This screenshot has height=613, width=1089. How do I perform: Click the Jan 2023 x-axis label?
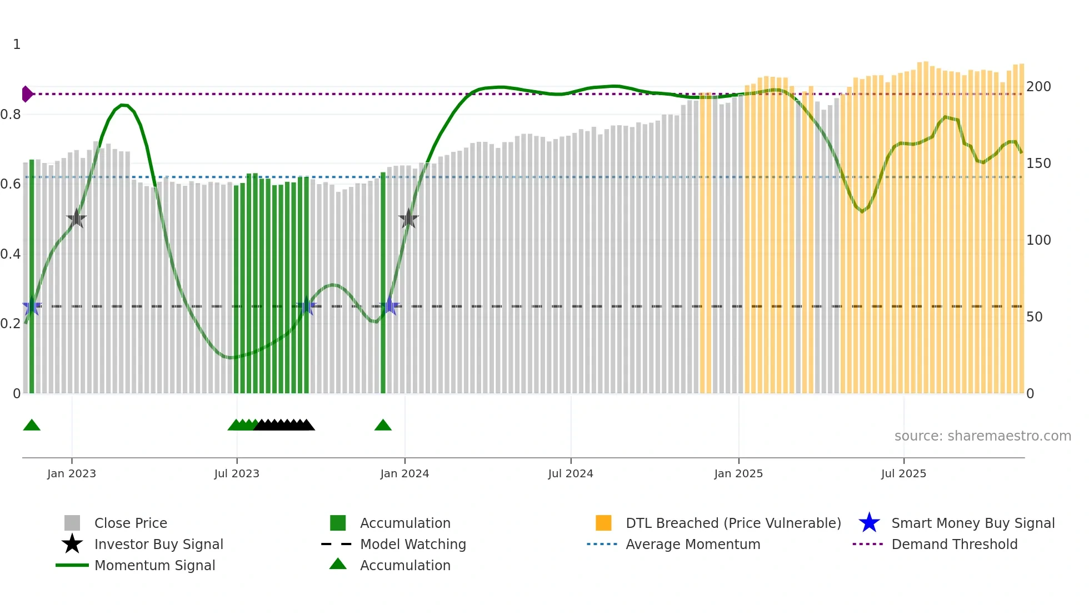pyautogui.click(x=72, y=473)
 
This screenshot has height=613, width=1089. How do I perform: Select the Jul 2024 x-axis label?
pyautogui.click(x=571, y=473)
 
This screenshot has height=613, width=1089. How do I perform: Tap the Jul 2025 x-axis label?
pyautogui.click(x=903, y=473)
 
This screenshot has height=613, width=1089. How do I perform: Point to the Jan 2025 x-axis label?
pyautogui.click(x=738, y=473)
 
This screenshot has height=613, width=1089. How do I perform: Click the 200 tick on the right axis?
pyautogui.click(x=1038, y=87)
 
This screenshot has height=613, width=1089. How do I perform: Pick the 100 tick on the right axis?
pyautogui.click(x=1038, y=240)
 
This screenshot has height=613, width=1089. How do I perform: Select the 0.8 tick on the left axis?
pyautogui.click(x=11, y=115)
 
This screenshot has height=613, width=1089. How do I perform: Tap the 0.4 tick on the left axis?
pyautogui.click(x=11, y=254)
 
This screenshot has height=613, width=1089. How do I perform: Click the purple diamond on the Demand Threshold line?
pyautogui.click(x=27, y=94)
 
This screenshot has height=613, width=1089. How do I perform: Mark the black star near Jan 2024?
pyautogui.click(x=408, y=219)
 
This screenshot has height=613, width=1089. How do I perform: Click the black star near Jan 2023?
pyautogui.click(x=76, y=219)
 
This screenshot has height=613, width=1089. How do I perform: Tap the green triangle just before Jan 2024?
pyautogui.click(x=383, y=426)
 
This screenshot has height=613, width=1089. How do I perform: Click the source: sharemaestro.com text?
pyautogui.click(x=982, y=436)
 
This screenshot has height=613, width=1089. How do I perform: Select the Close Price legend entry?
pyautogui.click(x=131, y=523)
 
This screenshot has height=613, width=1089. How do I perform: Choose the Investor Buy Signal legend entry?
pyautogui.click(x=158, y=544)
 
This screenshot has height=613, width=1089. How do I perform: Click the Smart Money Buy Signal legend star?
pyautogui.click(x=869, y=523)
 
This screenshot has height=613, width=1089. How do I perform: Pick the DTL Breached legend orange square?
pyautogui.click(x=603, y=523)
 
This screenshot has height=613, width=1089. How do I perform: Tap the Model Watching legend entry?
pyautogui.click(x=413, y=544)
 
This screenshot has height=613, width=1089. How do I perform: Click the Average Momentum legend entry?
pyautogui.click(x=693, y=544)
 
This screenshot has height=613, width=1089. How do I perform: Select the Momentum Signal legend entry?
pyautogui.click(x=154, y=565)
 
